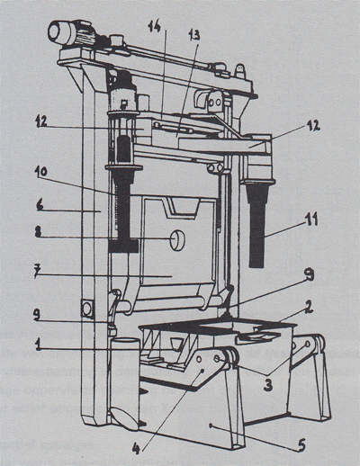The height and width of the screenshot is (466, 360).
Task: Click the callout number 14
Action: (155, 26)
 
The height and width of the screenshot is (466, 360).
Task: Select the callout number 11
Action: (310, 220)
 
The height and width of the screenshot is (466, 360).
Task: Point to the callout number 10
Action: (40, 172)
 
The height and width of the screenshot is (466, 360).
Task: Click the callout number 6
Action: (40, 206)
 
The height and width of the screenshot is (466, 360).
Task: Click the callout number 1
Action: (38, 345)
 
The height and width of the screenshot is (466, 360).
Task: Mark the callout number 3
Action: (267, 384)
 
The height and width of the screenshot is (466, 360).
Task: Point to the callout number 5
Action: (301, 445)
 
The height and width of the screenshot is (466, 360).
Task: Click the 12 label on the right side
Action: (312, 126)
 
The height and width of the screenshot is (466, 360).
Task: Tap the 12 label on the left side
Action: (43, 124)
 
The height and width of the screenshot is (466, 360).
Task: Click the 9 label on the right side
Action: (309, 275)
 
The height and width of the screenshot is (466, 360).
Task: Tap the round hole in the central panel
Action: (177, 240)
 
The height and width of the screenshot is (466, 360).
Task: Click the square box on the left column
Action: (87, 309)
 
